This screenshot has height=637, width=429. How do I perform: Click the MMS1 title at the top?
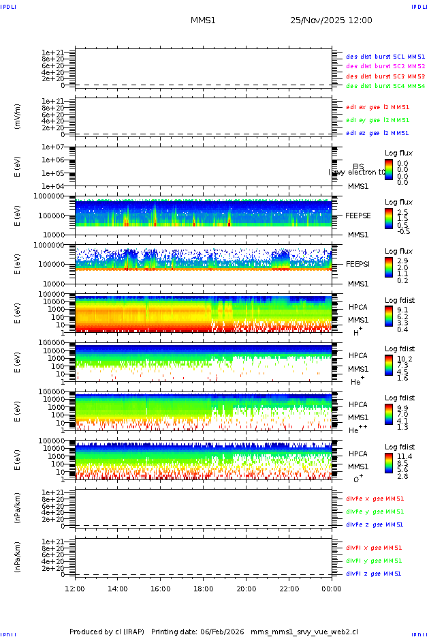pyautogui.click(x=203, y=20)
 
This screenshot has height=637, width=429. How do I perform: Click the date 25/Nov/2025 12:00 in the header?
pyautogui.click(x=331, y=20)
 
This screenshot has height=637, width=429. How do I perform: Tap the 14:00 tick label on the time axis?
pyautogui.click(x=118, y=589)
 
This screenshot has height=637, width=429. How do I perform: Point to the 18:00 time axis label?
pyautogui.click(x=204, y=589)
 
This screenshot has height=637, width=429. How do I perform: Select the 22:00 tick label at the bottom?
pyautogui.click(x=289, y=589)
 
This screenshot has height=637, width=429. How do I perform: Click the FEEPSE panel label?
pyautogui.click(x=358, y=216)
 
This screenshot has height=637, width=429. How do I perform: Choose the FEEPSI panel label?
pyautogui.click(x=358, y=263)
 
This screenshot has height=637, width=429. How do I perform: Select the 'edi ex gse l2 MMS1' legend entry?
pyautogui.click(x=378, y=107)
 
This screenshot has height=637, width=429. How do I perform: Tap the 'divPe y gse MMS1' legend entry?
pyautogui.click(x=375, y=512)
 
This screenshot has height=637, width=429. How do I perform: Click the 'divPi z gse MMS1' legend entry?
pyautogui.click(x=374, y=574)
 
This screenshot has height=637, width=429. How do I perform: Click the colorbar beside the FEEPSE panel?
pyautogui.click(x=388, y=218)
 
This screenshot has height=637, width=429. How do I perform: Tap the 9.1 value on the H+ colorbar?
pyautogui.click(x=402, y=309)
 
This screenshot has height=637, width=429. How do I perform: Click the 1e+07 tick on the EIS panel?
pyautogui.click(x=52, y=147)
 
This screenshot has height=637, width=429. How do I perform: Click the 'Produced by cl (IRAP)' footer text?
pyautogui.click(x=107, y=632)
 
